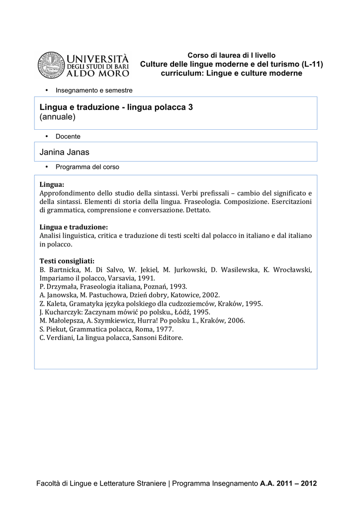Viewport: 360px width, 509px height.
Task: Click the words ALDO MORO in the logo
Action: (x=97, y=74)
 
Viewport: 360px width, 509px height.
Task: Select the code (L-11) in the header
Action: (x=312, y=64)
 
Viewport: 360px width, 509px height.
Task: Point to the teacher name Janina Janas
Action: (x=64, y=152)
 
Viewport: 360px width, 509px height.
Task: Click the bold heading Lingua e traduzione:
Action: (x=74, y=227)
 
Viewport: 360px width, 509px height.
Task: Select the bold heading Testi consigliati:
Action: (x=67, y=261)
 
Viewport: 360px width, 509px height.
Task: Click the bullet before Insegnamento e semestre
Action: (x=46, y=90)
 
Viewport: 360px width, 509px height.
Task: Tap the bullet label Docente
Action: (x=68, y=136)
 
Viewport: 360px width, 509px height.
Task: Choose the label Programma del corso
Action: (x=87, y=167)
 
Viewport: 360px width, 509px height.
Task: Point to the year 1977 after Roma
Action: (x=159, y=329)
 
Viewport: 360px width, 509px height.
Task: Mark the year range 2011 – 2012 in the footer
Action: (x=296, y=483)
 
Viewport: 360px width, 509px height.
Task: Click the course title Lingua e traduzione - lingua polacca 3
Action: (x=116, y=107)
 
